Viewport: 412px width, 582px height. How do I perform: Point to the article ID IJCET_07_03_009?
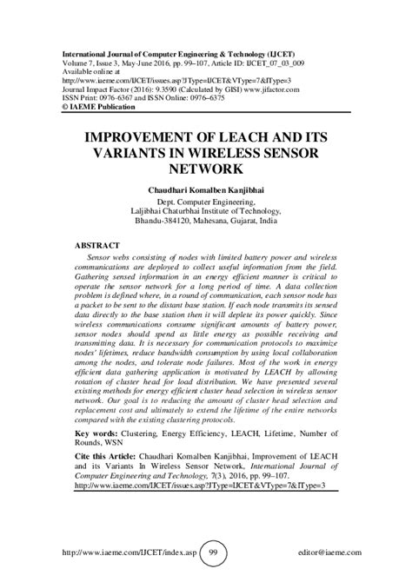pos(264,63)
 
